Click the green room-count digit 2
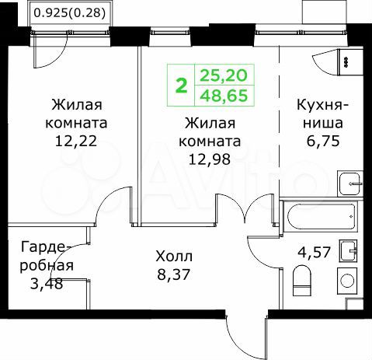click(182, 85)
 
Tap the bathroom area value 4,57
click(315, 253)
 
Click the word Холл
click(173, 255)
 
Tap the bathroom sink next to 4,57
click(351, 250)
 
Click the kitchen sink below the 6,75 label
click(350, 183)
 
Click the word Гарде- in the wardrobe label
click(46, 248)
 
